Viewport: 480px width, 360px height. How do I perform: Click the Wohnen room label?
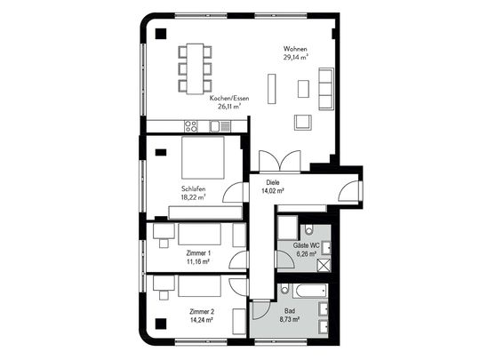295,49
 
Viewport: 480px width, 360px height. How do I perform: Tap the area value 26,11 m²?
229,107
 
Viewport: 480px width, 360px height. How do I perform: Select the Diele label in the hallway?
273,183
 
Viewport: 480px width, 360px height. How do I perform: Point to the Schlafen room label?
193,188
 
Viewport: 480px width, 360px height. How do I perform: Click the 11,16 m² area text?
197,261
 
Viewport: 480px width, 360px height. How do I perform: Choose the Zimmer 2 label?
202,312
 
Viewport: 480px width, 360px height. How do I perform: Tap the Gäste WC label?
306,245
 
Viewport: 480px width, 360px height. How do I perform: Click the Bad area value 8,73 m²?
289,319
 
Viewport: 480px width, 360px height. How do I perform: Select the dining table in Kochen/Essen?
196,68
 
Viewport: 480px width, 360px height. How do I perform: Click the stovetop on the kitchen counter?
191,126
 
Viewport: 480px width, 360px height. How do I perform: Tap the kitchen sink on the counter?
220,126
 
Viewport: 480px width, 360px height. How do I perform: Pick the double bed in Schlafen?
203,157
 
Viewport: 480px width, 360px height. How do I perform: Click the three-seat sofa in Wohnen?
325,89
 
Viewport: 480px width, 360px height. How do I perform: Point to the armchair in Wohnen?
303,123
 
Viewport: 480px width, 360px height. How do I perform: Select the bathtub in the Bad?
310,291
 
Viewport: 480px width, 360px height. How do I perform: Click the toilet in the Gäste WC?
308,229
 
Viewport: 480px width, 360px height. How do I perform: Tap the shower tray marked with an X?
324,265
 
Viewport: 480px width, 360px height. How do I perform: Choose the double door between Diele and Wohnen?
280,162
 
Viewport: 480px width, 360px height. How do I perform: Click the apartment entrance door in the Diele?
349,190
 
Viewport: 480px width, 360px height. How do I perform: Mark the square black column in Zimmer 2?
161,324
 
